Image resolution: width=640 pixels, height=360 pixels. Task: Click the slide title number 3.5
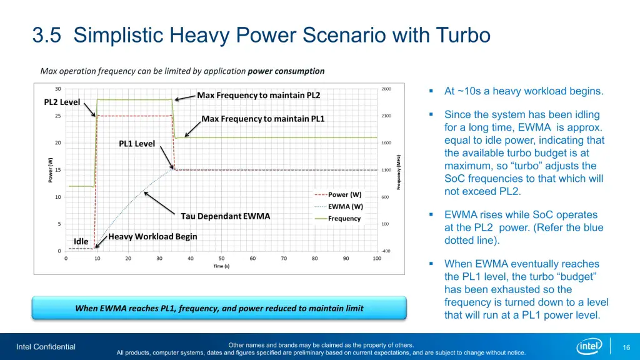(x=49, y=36)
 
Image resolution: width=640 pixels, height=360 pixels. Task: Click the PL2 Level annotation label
(x=62, y=102)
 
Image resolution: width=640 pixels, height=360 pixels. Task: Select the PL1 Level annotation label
(x=137, y=144)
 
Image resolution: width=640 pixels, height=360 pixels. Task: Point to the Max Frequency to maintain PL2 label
(x=259, y=96)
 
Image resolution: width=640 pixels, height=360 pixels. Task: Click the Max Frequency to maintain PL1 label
(x=263, y=119)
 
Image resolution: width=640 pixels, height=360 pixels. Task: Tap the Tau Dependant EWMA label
(x=226, y=216)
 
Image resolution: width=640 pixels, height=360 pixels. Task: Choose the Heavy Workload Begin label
(x=152, y=237)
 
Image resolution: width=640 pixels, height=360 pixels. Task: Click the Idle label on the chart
(x=81, y=241)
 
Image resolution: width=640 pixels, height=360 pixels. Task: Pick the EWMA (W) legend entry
(x=346, y=206)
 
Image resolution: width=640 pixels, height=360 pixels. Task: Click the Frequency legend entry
(x=344, y=219)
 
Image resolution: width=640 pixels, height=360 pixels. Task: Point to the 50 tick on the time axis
(x=221, y=259)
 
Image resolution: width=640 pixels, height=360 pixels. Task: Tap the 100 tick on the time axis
(x=377, y=259)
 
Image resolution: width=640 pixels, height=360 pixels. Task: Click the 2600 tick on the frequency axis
(x=386, y=89)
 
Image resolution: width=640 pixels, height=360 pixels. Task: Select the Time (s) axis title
(x=221, y=266)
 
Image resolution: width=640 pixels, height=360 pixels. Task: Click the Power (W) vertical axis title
(x=51, y=170)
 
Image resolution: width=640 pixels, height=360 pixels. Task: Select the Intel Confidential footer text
(x=46, y=347)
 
